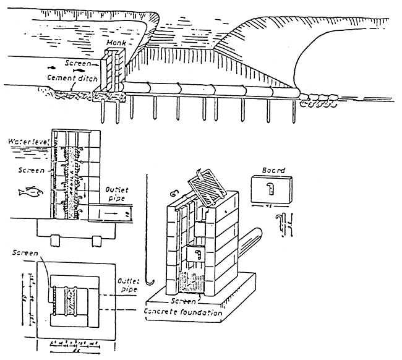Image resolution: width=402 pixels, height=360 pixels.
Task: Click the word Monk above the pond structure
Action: (116, 42)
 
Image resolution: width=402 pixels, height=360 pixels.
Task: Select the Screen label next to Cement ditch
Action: (77, 62)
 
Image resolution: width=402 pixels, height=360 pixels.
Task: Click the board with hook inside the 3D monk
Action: (198, 254)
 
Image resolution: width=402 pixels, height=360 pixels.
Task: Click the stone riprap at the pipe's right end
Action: (315, 99)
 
